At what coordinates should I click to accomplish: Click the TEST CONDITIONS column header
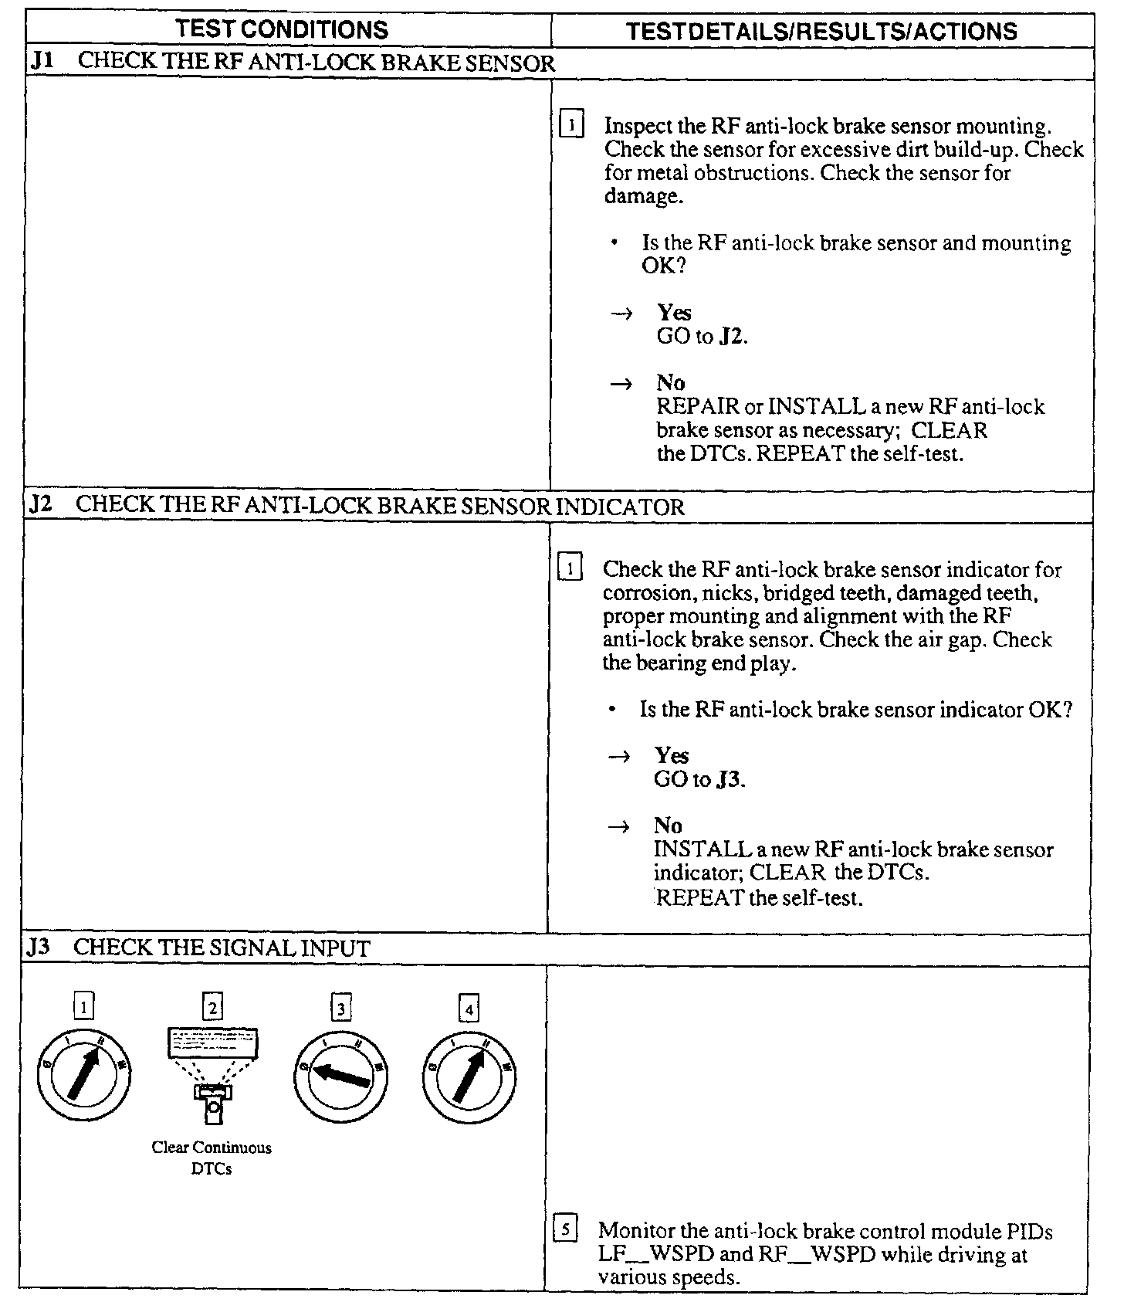[282, 29]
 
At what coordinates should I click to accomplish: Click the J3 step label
[39, 948]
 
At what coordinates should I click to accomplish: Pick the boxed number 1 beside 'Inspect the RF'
[572, 124]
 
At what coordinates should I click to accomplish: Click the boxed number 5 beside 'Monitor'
[565, 1229]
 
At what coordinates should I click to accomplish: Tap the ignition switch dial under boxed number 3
[340, 1076]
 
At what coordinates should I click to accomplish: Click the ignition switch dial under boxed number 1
[83, 1074]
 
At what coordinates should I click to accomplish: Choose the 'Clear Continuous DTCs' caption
[212, 1158]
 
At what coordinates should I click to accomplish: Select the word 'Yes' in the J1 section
[674, 313]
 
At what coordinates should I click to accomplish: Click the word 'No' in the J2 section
[668, 826]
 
